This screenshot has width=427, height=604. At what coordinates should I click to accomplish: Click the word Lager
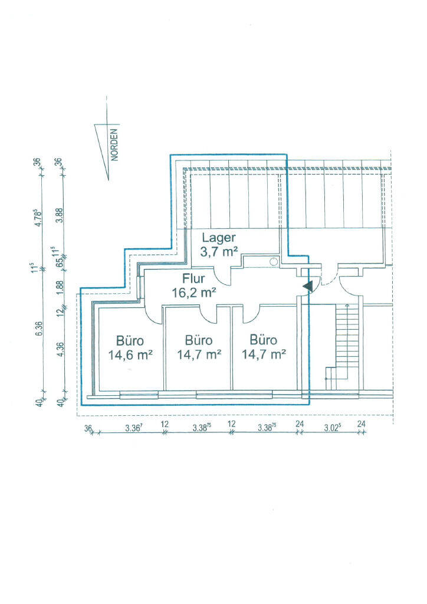(x=218, y=239)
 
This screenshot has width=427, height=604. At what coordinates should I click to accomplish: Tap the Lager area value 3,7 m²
(x=219, y=252)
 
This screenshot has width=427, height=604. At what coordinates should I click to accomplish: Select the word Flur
(x=193, y=278)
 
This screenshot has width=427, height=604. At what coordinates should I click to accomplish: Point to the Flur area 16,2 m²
(x=193, y=293)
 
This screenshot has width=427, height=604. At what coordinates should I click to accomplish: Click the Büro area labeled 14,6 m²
(x=130, y=354)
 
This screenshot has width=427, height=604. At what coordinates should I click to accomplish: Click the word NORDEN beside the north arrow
(x=115, y=145)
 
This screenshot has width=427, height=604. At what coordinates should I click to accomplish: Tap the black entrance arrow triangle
(x=307, y=286)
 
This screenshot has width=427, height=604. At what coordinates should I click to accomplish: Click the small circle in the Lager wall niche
(x=274, y=261)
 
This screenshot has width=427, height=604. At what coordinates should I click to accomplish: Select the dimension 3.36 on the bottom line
(x=134, y=428)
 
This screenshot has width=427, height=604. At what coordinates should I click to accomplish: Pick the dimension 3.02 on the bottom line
(x=331, y=428)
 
